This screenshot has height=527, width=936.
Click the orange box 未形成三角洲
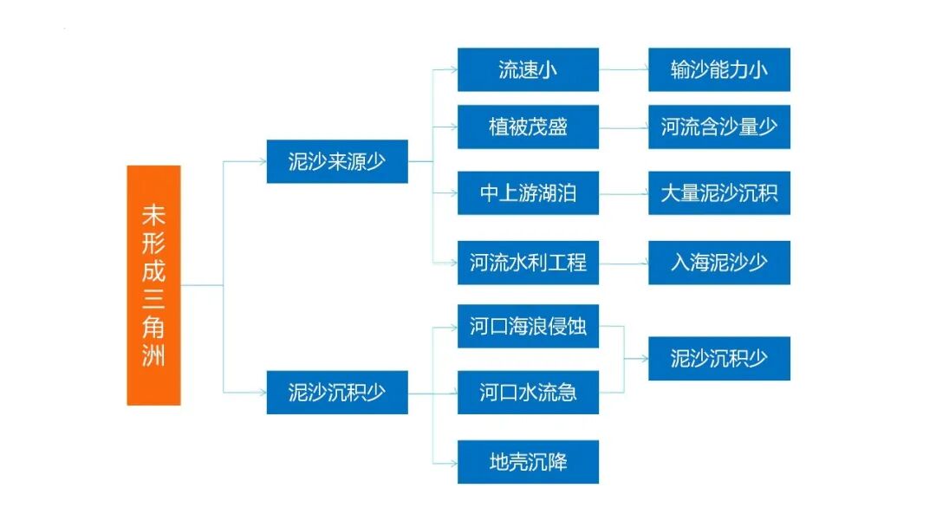153,285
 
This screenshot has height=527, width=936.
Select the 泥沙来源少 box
337,161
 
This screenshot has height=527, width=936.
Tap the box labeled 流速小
528,70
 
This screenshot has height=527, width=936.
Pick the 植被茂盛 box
528,127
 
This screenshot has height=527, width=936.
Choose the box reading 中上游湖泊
528,193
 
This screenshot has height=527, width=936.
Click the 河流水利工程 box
528,263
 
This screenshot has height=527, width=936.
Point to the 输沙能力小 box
719,70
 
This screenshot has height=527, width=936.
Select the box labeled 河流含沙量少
719,127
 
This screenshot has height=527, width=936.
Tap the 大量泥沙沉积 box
719,193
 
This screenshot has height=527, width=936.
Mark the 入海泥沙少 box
719,263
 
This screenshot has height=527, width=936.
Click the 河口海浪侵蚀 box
528,327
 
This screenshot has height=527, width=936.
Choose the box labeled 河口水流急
528,393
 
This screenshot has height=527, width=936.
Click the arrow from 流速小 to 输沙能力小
623,70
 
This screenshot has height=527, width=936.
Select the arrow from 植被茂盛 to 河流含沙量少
623,127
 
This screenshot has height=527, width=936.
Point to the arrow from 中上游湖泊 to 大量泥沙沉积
623,193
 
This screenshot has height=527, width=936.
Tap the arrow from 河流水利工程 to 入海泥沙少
623,263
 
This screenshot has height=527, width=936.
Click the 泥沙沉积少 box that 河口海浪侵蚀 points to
719,359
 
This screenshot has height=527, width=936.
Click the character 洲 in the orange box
153,355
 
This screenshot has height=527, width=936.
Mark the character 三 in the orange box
153,297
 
